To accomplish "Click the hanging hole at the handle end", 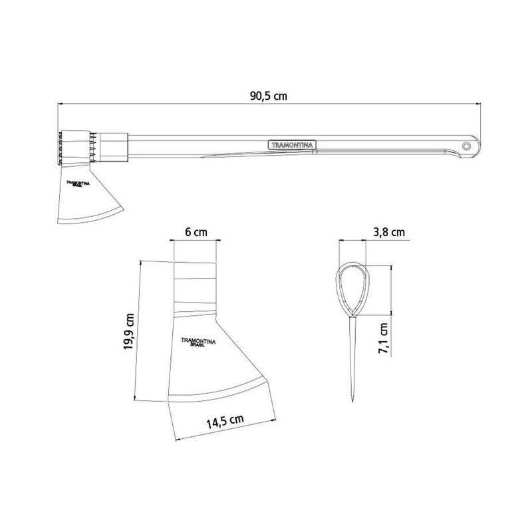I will (x=467, y=144).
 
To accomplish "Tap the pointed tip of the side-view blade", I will (x=351, y=401).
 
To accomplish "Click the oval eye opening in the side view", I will (x=351, y=287).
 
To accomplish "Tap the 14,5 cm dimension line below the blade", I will (x=223, y=431).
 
